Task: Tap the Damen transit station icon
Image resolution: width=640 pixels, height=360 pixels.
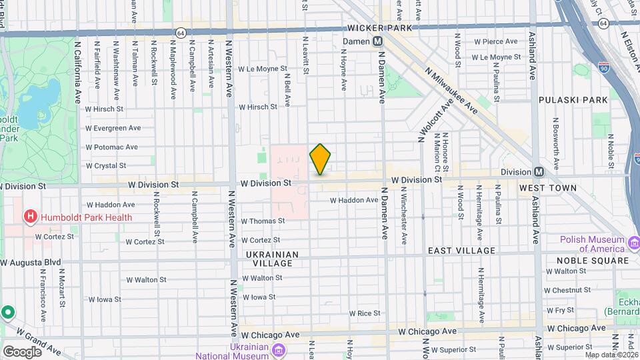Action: point(377,41)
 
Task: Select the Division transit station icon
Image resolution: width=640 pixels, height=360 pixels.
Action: point(539,171)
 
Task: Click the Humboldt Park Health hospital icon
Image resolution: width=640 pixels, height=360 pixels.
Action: point(29,217)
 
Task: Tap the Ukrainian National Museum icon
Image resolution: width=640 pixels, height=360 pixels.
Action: point(279,350)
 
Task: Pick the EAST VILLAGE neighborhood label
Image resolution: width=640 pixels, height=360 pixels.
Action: point(461,251)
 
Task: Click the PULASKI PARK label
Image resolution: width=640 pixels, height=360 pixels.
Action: point(573,99)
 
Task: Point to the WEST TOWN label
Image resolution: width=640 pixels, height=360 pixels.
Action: point(547,189)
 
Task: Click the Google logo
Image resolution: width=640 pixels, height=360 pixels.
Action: point(22,351)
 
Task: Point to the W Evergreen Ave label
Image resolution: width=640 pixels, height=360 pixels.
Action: point(113,127)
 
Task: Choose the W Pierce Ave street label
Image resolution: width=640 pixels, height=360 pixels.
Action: point(495,41)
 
